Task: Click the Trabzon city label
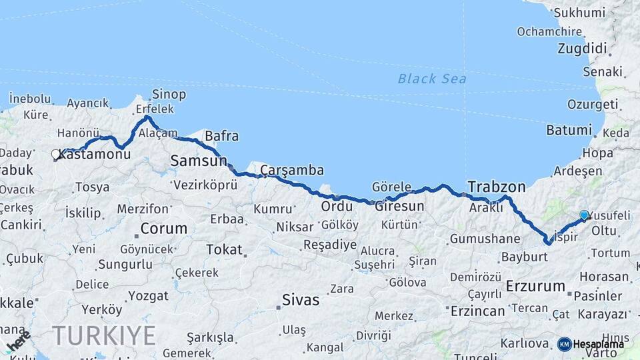point(497,186)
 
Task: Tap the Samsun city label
point(199,161)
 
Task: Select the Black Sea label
point(432,79)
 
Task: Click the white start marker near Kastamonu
point(56,155)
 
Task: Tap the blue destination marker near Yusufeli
point(585,215)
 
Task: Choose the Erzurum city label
point(535,286)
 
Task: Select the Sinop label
point(169,94)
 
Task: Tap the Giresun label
point(399,206)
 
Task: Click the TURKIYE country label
point(104,335)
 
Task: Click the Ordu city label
point(337,207)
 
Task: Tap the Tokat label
point(224,249)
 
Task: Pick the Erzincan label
point(478,311)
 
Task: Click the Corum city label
point(163,228)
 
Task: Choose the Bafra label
point(221,137)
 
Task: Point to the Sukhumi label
point(579,12)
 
